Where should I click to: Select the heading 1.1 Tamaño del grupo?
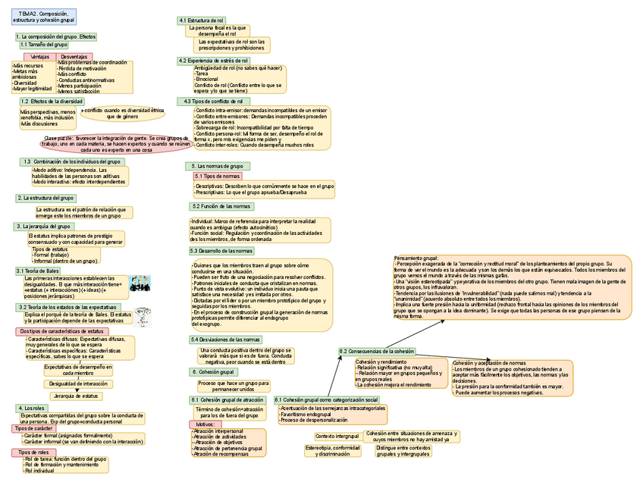(x=44, y=45)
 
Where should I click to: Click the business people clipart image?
(x=140, y=283)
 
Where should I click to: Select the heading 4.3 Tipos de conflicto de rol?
(x=213, y=101)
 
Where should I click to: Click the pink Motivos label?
(x=203, y=424)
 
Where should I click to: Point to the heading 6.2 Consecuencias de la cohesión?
(x=377, y=352)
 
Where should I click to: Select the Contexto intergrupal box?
(x=337, y=437)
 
